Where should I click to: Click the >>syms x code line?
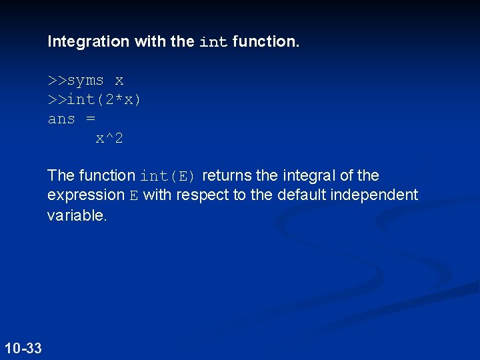pyautogui.click(x=85, y=81)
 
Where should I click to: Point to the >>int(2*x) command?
pyautogui.click(x=95, y=100)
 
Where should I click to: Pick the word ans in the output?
pyautogui.click(x=61, y=119)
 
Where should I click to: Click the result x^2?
pyautogui.click(x=109, y=139)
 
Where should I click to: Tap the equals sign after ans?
pyautogui.click(x=91, y=119)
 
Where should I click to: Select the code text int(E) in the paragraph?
pyautogui.click(x=167, y=176)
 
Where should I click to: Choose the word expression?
pyautogui.click(x=85, y=195)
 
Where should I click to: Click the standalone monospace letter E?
pyautogui.click(x=133, y=195)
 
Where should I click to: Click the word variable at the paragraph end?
pyautogui.click(x=76, y=215)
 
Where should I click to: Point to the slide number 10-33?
pyautogui.click(x=23, y=348)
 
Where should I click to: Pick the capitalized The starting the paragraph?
pyautogui.click(x=61, y=176)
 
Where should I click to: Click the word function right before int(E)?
pyautogui.click(x=107, y=176)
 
